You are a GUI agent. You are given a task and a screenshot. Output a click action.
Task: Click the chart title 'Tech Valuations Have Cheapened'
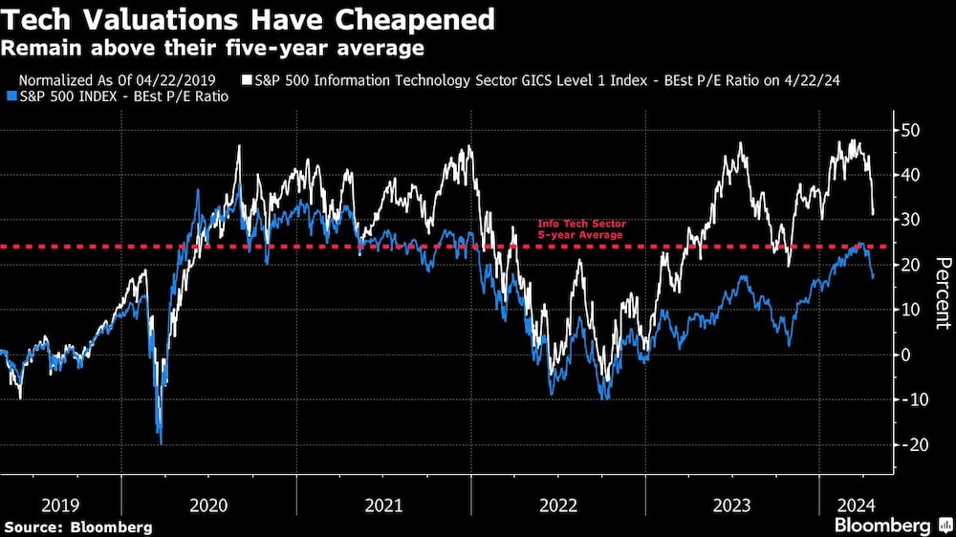coord(250,19)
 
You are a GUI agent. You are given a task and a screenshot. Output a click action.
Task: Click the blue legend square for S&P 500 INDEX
coord(11,96)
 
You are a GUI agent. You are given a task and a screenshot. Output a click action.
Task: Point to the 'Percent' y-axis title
coord(942,292)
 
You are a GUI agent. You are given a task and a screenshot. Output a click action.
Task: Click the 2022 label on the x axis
coord(558,504)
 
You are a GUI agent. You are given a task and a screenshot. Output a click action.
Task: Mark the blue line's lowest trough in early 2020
coord(161,442)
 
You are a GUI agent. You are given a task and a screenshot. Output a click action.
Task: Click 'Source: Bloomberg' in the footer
coord(78,526)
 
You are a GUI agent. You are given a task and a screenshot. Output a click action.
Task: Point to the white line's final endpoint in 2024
coord(873,213)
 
